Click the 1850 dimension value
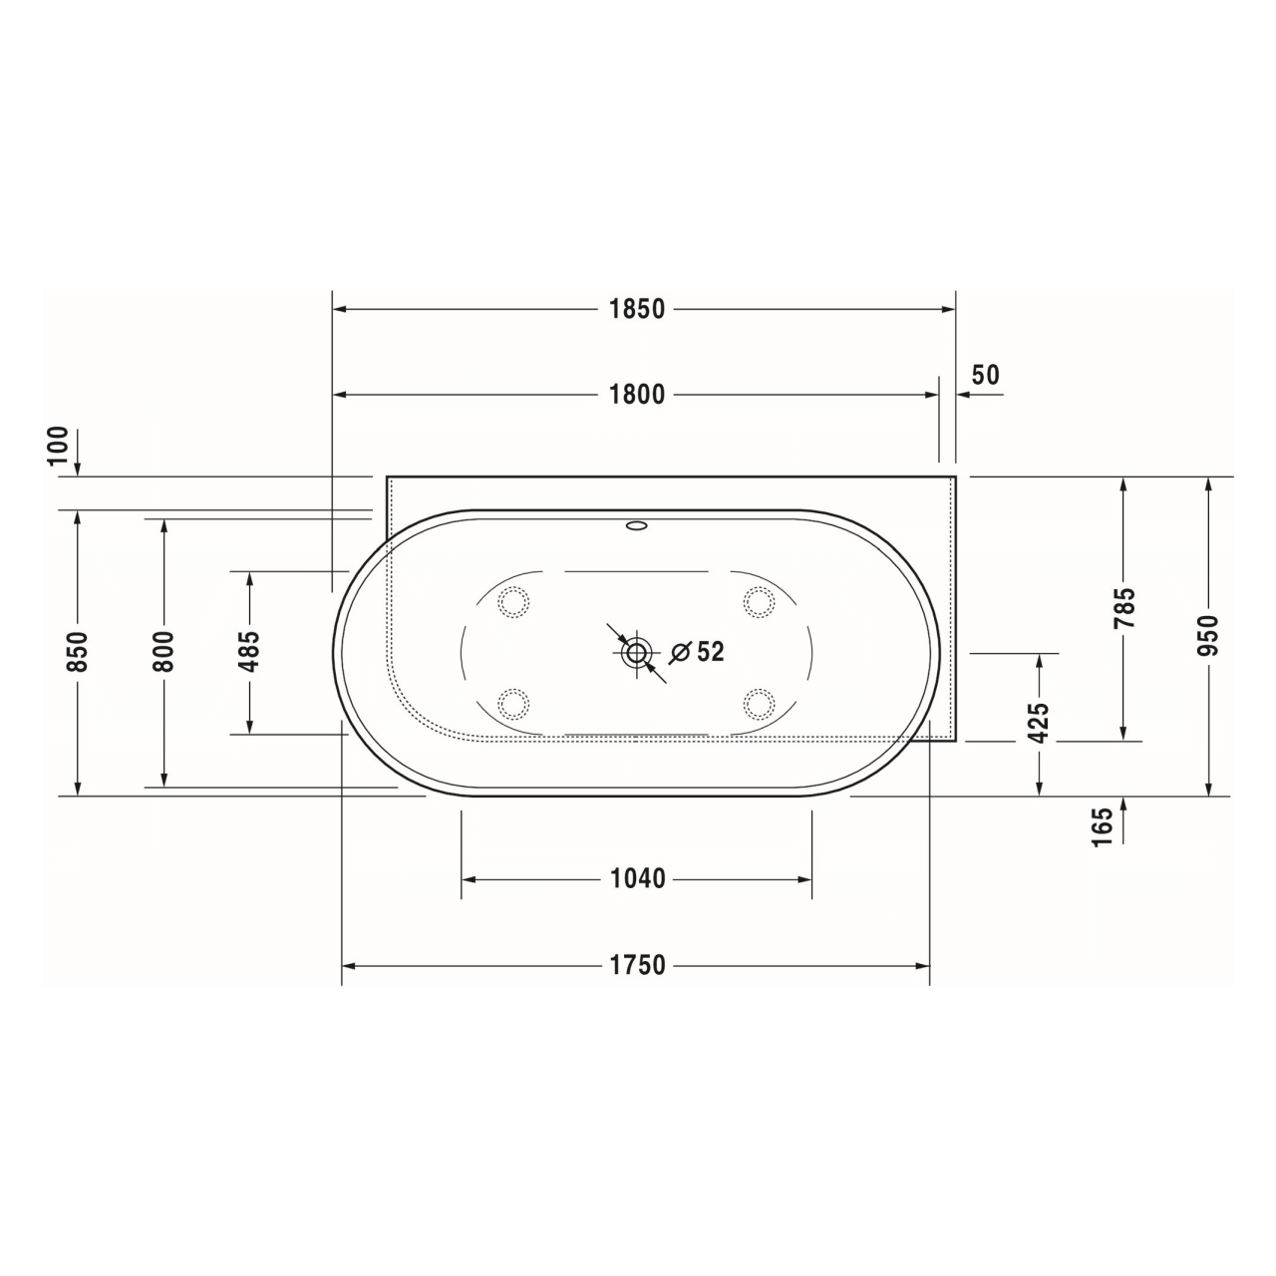coord(637,309)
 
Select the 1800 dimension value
coord(637,395)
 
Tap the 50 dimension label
coord(985,375)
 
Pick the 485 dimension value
coord(249,652)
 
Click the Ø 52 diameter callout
coord(698,652)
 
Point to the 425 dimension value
coord(1039,723)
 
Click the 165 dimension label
coord(1102,827)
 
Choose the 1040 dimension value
coord(637,879)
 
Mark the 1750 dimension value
coord(637,965)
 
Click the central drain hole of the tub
coord(636,654)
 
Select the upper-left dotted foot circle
coord(513,602)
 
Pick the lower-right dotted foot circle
coord(759,704)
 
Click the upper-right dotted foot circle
coord(759,602)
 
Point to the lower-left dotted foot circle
coord(513,704)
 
